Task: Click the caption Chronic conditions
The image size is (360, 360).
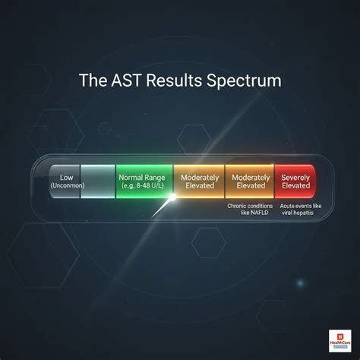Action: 250,206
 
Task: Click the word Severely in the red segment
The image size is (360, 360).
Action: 295,176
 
